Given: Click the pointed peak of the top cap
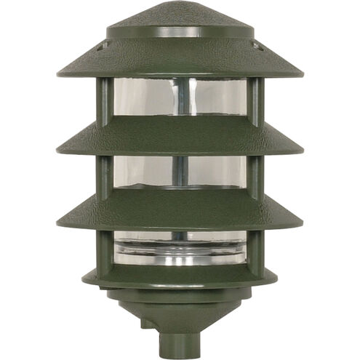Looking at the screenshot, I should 180,6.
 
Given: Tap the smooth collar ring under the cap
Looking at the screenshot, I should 180,32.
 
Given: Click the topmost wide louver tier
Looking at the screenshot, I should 180,62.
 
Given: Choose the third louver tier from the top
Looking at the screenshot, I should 180,211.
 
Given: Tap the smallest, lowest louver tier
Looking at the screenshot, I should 180,275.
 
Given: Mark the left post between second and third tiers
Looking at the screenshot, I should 105,175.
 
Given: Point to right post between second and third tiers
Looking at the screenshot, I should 254,175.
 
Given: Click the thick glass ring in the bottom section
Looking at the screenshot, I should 180,251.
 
